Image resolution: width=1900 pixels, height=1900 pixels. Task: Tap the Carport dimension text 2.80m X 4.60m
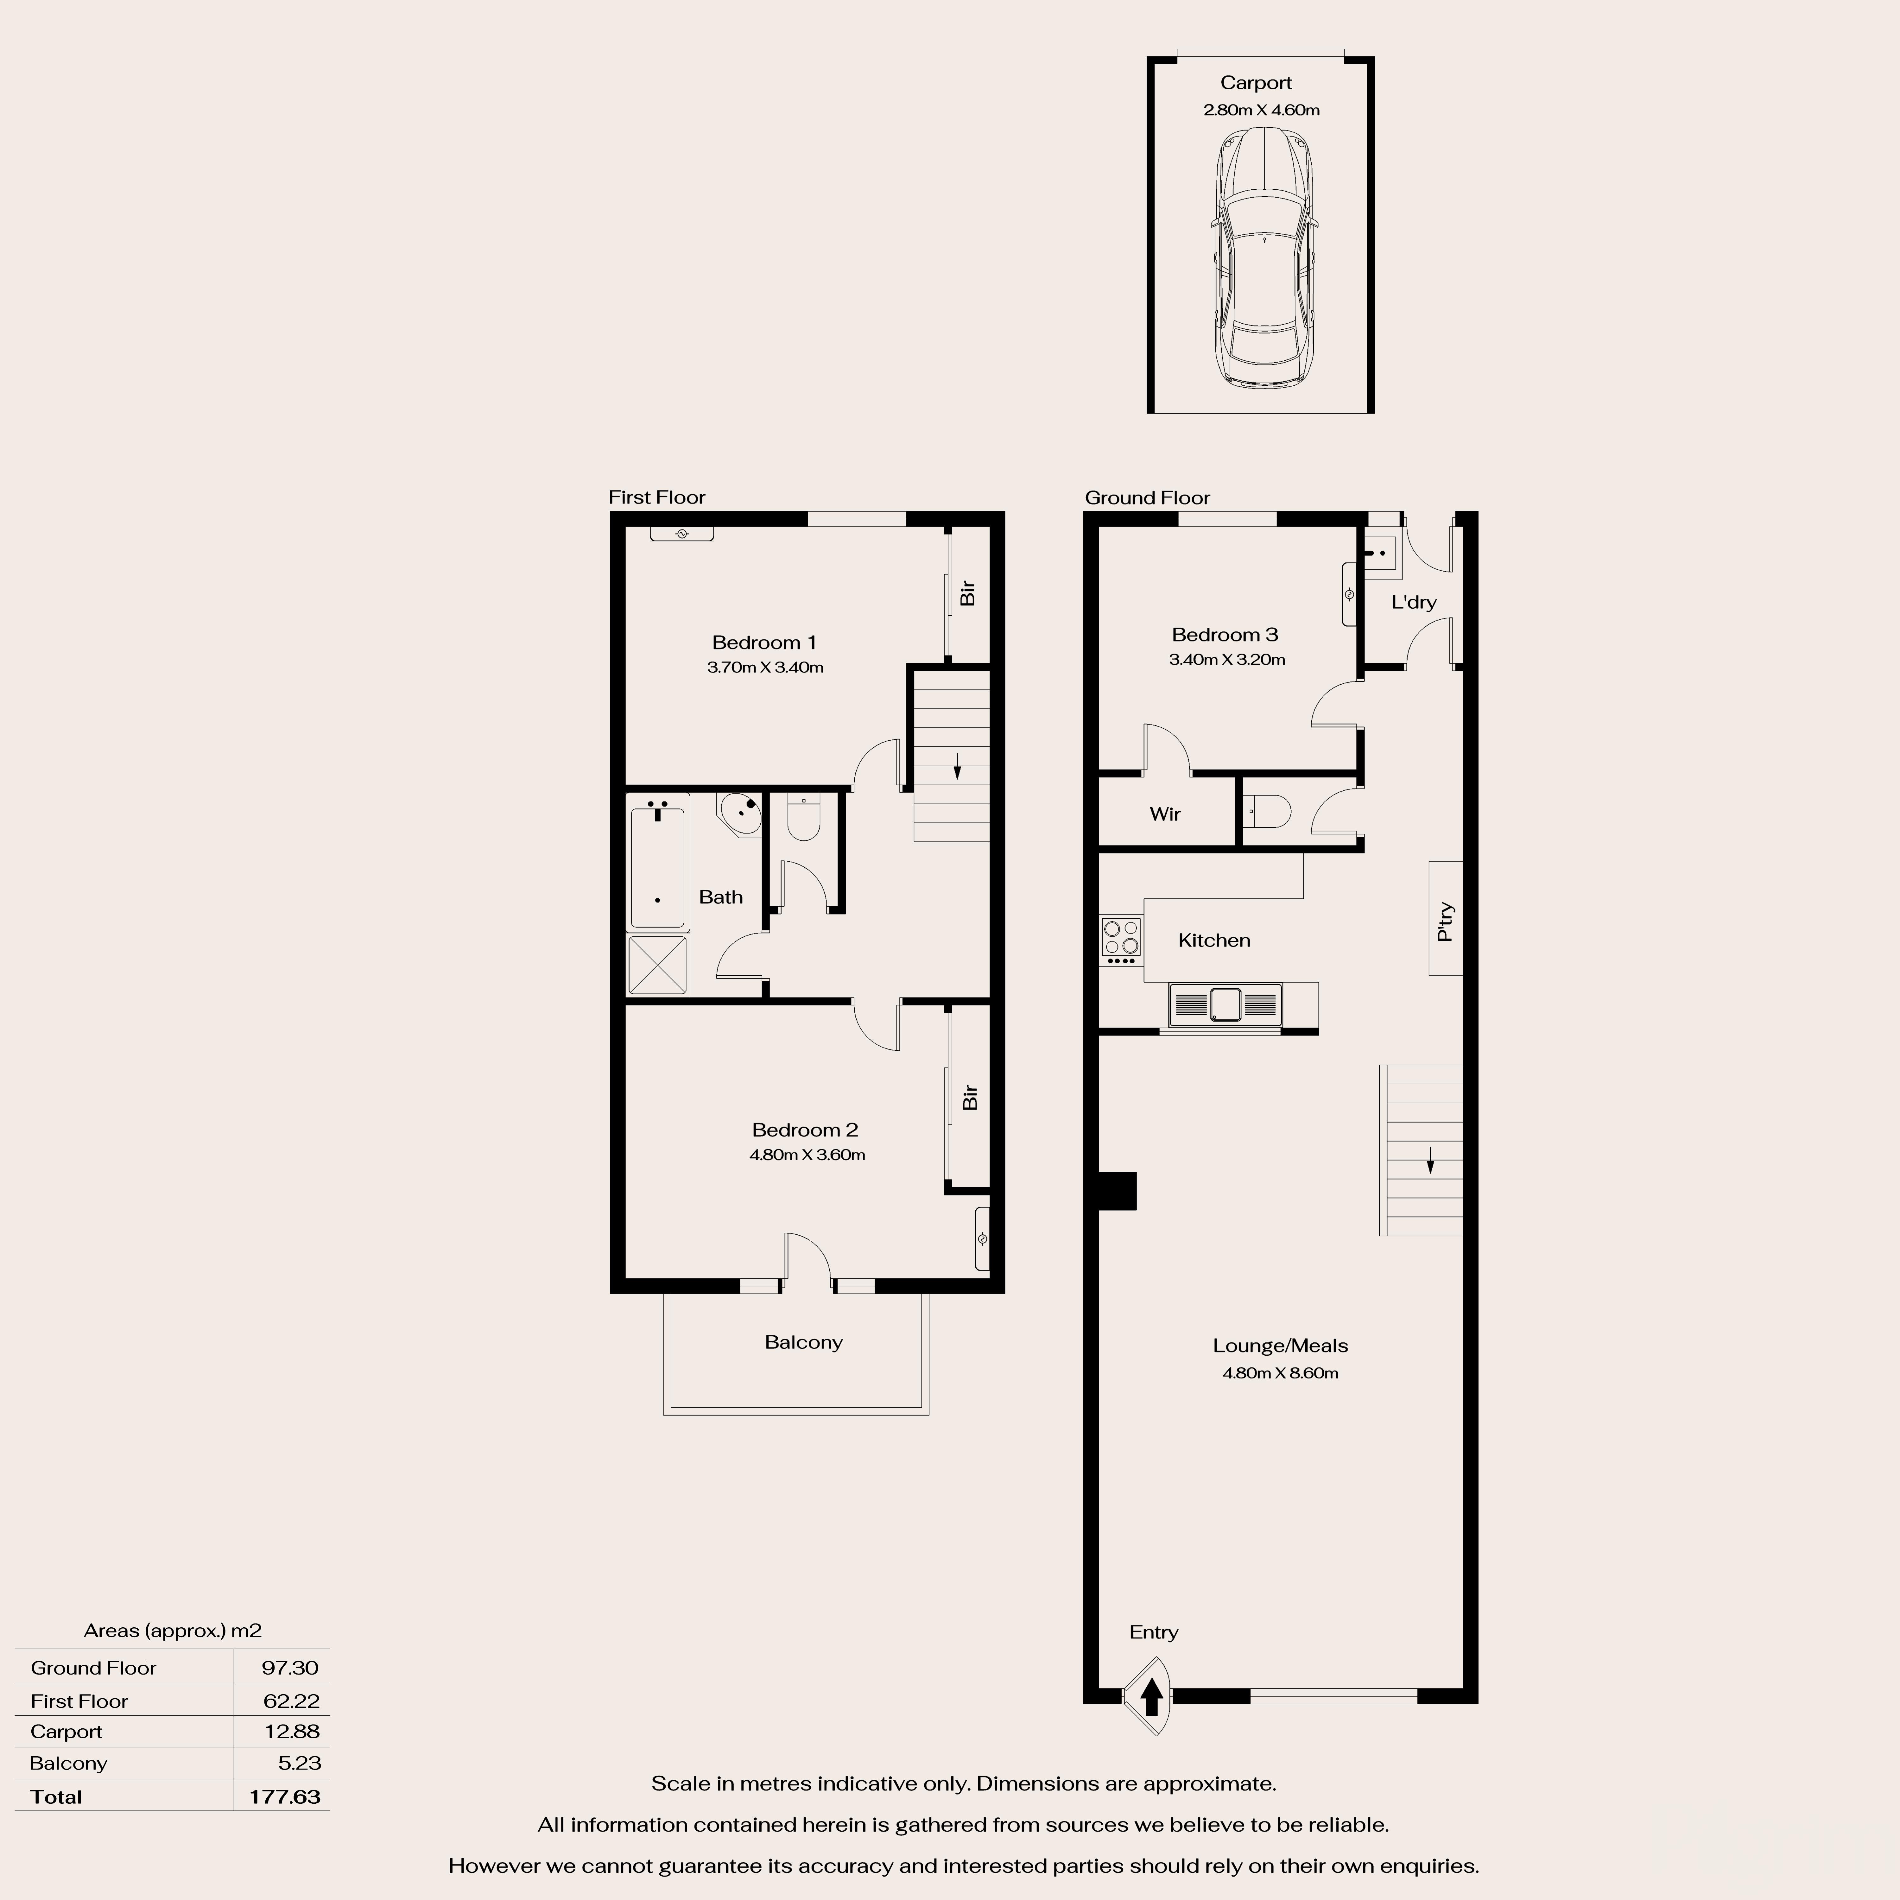click(x=1261, y=110)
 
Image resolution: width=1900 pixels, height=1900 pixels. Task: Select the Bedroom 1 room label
click(x=764, y=642)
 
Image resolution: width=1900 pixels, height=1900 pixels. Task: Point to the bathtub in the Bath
click(x=657, y=864)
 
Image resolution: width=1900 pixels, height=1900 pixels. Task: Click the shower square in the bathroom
click(x=657, y=966)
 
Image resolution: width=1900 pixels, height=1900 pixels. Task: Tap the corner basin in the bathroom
click(x=742, y=812)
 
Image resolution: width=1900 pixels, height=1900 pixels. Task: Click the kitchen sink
click(x=1225, y=1004)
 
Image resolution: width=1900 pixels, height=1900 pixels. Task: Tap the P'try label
click(x=1445, y=921)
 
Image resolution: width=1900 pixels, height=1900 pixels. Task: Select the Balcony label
click(x=803, y=1342)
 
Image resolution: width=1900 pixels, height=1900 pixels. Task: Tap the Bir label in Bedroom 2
click(x=970, y=1098)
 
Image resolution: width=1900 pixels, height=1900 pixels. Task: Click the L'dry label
click(x=1413, y=602)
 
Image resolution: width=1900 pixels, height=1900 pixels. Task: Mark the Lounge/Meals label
click(x=1279, y=1345)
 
